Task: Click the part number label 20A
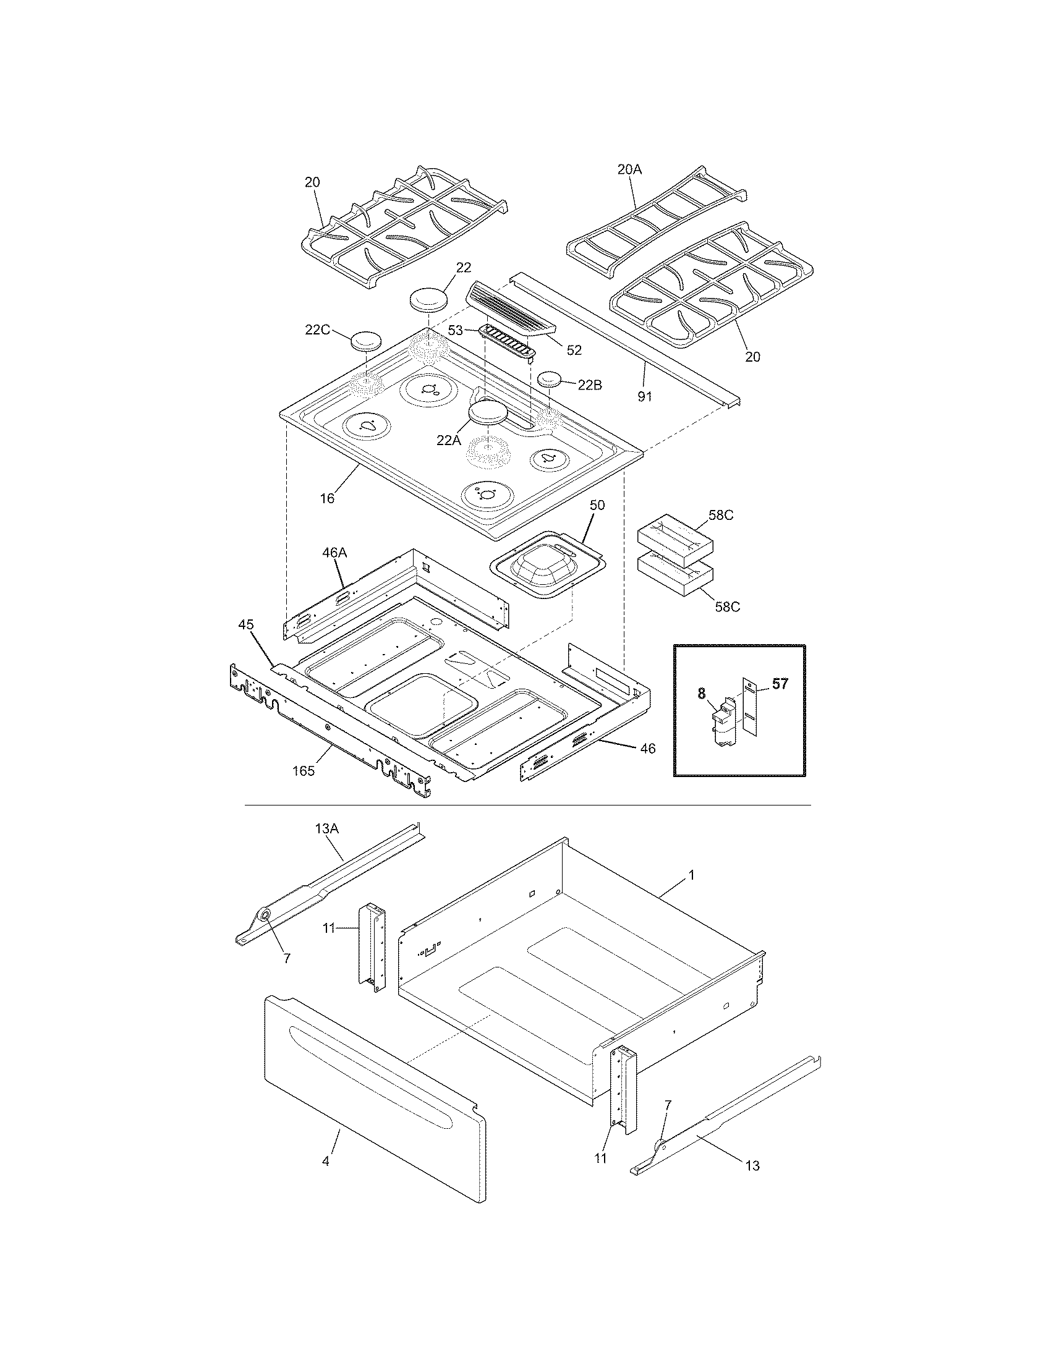click(x=629, y=169)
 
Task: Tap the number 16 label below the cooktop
click(x=328, y=498)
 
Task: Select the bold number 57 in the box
click(x=780, y=684)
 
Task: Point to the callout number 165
click(x=304, y=771)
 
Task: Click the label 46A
click(x=334, y=551)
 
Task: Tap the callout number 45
click(x=247, y=624)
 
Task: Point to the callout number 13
click(x=752, y=1166)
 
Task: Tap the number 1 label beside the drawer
click(x=691, y=875)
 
